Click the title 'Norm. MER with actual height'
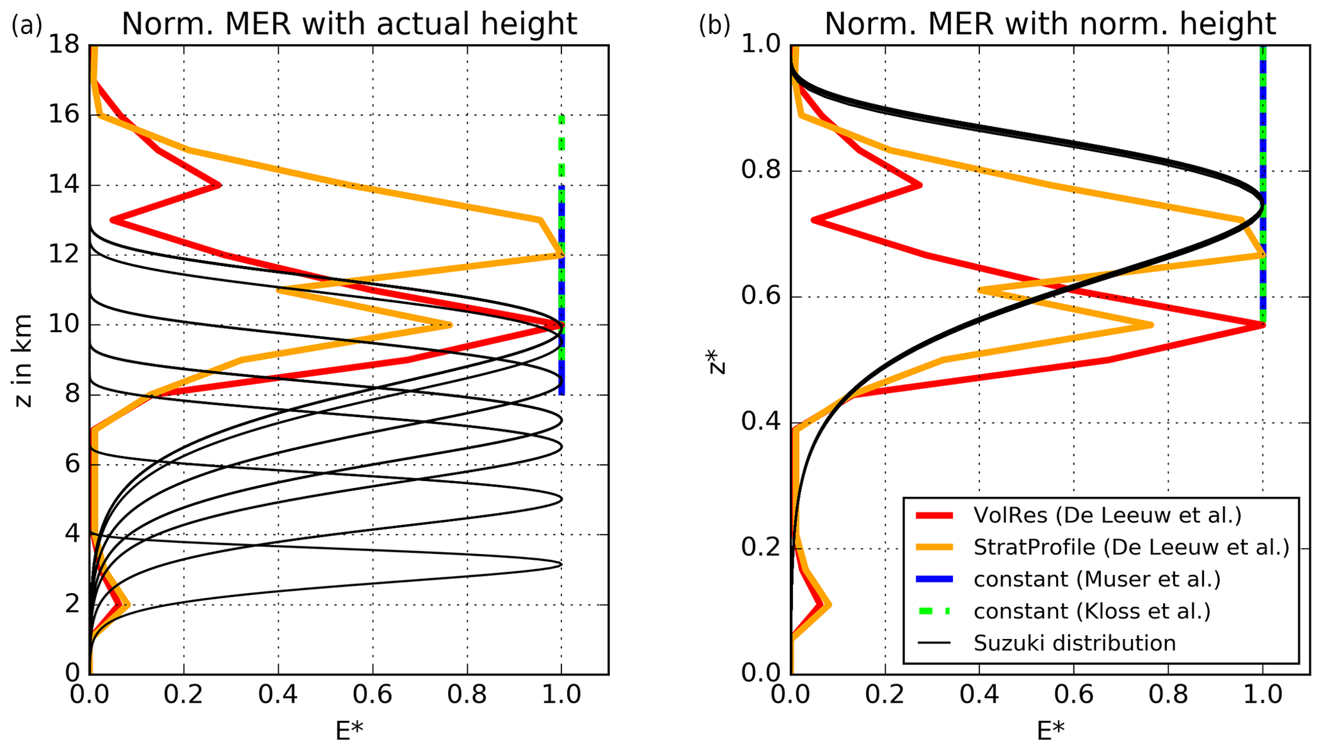tap(349, 24)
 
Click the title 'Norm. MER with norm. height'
tap(1050, 24)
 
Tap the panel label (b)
tap(714, 26)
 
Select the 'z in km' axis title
tap(24, 360)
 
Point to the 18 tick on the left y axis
tap(64, 45)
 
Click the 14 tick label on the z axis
tap(64, 186)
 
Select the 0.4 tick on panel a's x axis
tap(278, 695)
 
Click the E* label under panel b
tap(1050, 730)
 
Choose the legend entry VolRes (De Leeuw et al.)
tap(1107, 515)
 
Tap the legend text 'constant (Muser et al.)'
tap(1097, 579)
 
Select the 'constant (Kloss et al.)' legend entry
tap(1092, 611)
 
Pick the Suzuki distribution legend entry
tap(1075, 643)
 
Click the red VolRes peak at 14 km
tap(220, 186)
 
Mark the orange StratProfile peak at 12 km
tap(561, 255)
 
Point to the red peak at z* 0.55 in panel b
tap(1262, 325)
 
